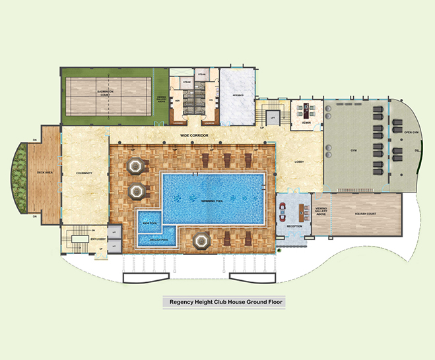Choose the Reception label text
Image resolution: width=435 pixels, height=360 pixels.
(x=294, y=226)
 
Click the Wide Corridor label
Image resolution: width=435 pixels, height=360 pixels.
(x=195, y=135)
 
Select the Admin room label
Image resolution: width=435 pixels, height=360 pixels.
(x=306, y=123)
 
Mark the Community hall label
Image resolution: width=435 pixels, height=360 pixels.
(x=83, y=173)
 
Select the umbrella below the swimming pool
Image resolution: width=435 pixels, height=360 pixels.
(x=200, y=241)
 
